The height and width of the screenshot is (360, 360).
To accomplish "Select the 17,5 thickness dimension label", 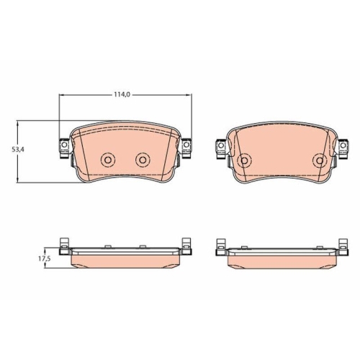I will [x=44, y=257].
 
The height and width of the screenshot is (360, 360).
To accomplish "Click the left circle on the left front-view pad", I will [x=109, y=159].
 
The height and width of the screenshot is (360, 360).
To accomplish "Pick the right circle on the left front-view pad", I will [x=142, y=159].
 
